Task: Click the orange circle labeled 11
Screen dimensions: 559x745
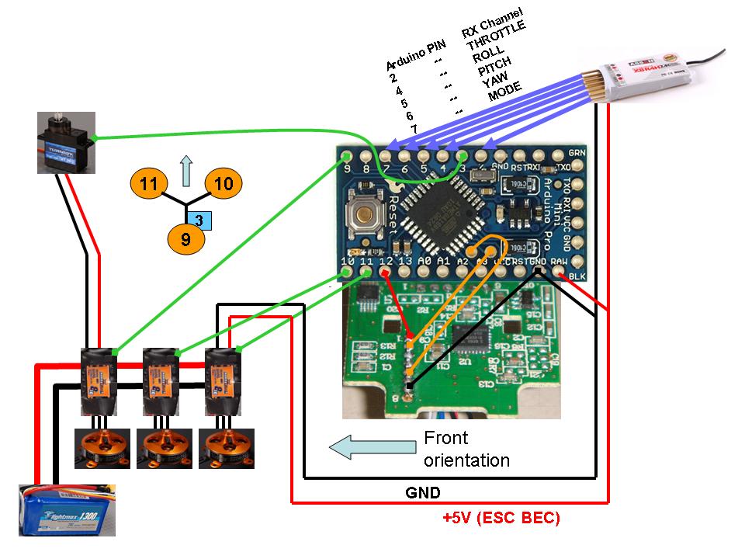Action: tap(148, 184)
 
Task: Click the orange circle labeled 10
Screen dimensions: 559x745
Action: tap(223, 184)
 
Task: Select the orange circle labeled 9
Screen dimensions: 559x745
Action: tap(185, 239)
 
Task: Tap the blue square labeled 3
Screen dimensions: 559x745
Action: tap(199, 220)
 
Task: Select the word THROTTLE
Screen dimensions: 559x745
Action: tap(497, 36)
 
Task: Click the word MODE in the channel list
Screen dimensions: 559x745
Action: tap(504, 91)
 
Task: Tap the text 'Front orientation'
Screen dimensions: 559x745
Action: tap(466, 450)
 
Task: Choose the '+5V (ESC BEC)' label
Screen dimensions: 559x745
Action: tap(501, 518)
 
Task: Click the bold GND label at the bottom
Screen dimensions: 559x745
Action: tap(424, 492)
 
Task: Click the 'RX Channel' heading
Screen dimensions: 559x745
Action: tap(492, 21)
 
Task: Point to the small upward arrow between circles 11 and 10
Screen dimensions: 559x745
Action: tap(185, 170)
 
